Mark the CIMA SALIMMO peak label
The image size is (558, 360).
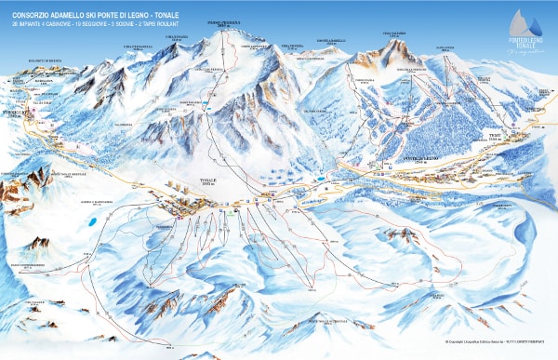pos(394,35)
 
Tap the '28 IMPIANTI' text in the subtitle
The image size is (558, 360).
pos(22,23)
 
